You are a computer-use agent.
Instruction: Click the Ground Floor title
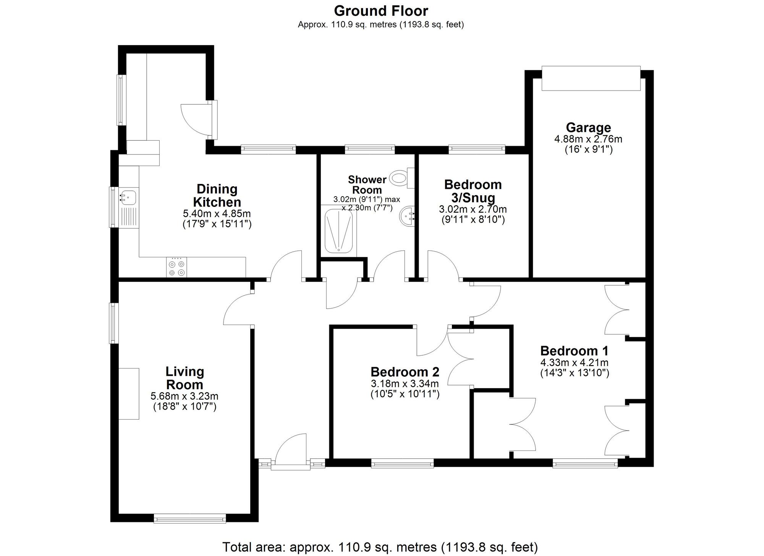(x=381, y=11)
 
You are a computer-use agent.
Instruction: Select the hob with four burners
(x=177, y=267)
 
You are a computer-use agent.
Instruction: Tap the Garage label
(x=588, y=127)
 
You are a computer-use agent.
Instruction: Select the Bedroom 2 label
(x=405, y=372)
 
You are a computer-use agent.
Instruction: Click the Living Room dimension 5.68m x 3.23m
(x=185, y=396)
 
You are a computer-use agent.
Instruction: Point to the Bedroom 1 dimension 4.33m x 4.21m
(x=574, y=362)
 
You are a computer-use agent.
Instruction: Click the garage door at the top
(x=591, y=78)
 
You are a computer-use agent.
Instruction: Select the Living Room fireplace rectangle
(x=128, y=393)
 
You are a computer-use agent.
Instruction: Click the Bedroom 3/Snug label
(x=473, y=191)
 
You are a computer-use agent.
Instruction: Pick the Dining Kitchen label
(x=217, y=195)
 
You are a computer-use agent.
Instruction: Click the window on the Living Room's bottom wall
(x=190, y=519)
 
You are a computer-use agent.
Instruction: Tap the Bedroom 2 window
(x=402, y=463)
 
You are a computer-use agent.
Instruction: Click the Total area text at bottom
(x=380, y=547)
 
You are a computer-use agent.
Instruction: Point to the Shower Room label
(x=367, y=185)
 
